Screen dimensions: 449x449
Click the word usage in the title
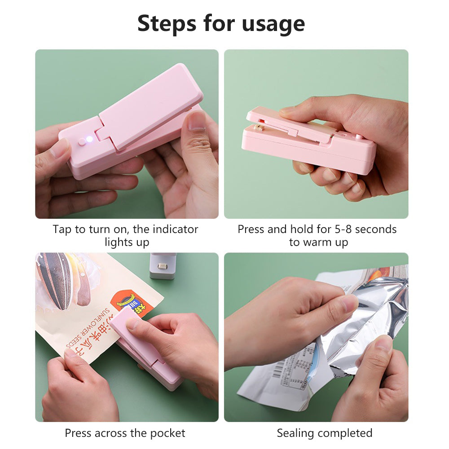273,24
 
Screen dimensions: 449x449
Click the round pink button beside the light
81,142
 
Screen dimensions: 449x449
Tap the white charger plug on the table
162,266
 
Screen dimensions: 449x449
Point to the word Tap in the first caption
62,229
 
